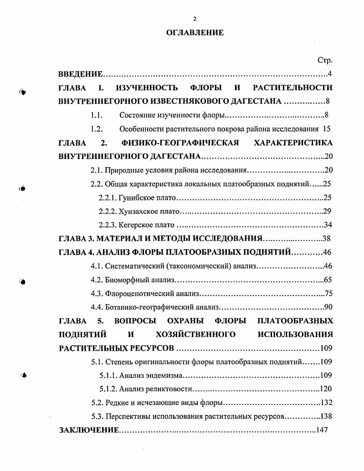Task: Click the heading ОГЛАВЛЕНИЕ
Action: point(195,33)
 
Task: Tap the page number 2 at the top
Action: point(195,19)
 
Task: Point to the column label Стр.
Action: point(325,61)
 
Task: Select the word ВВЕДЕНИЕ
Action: point(80,74)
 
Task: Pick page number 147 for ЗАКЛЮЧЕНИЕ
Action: point(322,430)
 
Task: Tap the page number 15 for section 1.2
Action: point(328,129)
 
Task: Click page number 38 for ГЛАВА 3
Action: point(326,239)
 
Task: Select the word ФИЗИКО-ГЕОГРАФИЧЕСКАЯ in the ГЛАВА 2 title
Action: point(180,143)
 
